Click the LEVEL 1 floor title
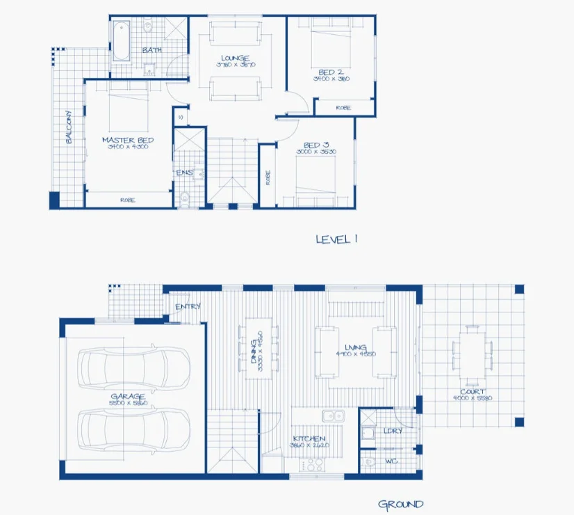pyautogui.click(x=336, y=239)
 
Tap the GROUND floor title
pyautogui.click(x=400, y=504)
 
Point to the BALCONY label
pyautogui.click(x=69, y=127)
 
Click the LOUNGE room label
pyautogui.click(x=236, y=58)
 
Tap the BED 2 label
pyautogui.click(x=331, y=72)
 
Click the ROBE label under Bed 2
pyautogui.click(x=343, y=108)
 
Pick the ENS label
pyautogui.click(x=183, y=173)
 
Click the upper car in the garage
pyautogui.click(x=134, y=367)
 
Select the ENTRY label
pyautogui.click(x=188, y=306)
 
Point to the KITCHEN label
pyautogui.click(x=309, y=438)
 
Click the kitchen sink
pyautogui.click(x=333, y=416)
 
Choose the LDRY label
pyautogui.click(x=393, y=431)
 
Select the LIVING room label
pyautogui.click(x=355, y=347)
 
